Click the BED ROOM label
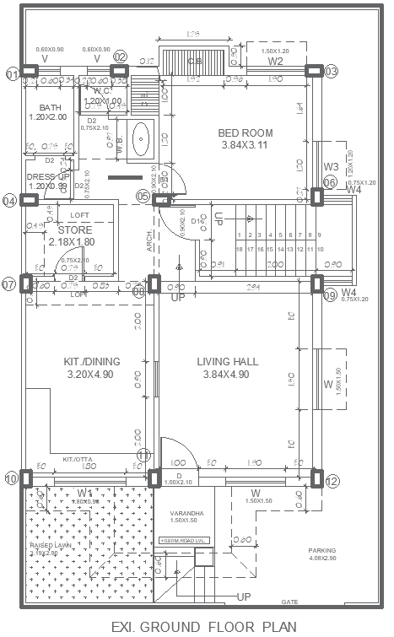coord(246,133)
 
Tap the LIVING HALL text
coord(228,362)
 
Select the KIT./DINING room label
coord(92,362)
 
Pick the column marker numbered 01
coord(12,74)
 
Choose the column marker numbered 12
coord(332,481)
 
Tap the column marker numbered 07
coord(9,285)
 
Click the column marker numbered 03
coord(332,72)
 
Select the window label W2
coord(275,62)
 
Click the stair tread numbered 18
coord(240,250)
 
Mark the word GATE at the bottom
coord(290,602)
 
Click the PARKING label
coord(321,550)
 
